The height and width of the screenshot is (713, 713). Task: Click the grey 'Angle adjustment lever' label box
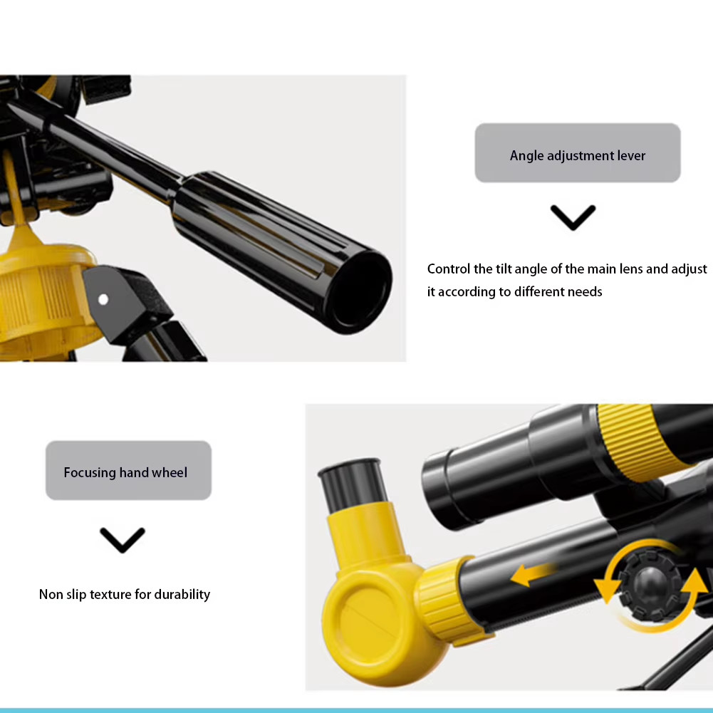pyautogui.click(x=578, y=152)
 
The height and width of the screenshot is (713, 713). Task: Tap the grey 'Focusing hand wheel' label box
pyautogui.click(x=128, y=470)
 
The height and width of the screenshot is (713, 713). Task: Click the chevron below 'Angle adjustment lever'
pyautogui.click(x=573, y=217)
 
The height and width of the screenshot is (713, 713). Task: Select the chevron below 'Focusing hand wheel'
pyautogui.click(x=123, y=540)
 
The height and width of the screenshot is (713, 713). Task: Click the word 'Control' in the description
pyautogui.click(x=448, y=269)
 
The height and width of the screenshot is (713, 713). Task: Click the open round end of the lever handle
pyautogui.click(x=359, y=292)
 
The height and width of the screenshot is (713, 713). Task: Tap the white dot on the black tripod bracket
pyautogui.click(x=103, y=299)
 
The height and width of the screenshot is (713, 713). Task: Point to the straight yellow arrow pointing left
pyautogui.click(x=533, y=575)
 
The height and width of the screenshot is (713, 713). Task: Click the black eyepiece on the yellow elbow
pyautogui.click(x=353, y=485)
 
